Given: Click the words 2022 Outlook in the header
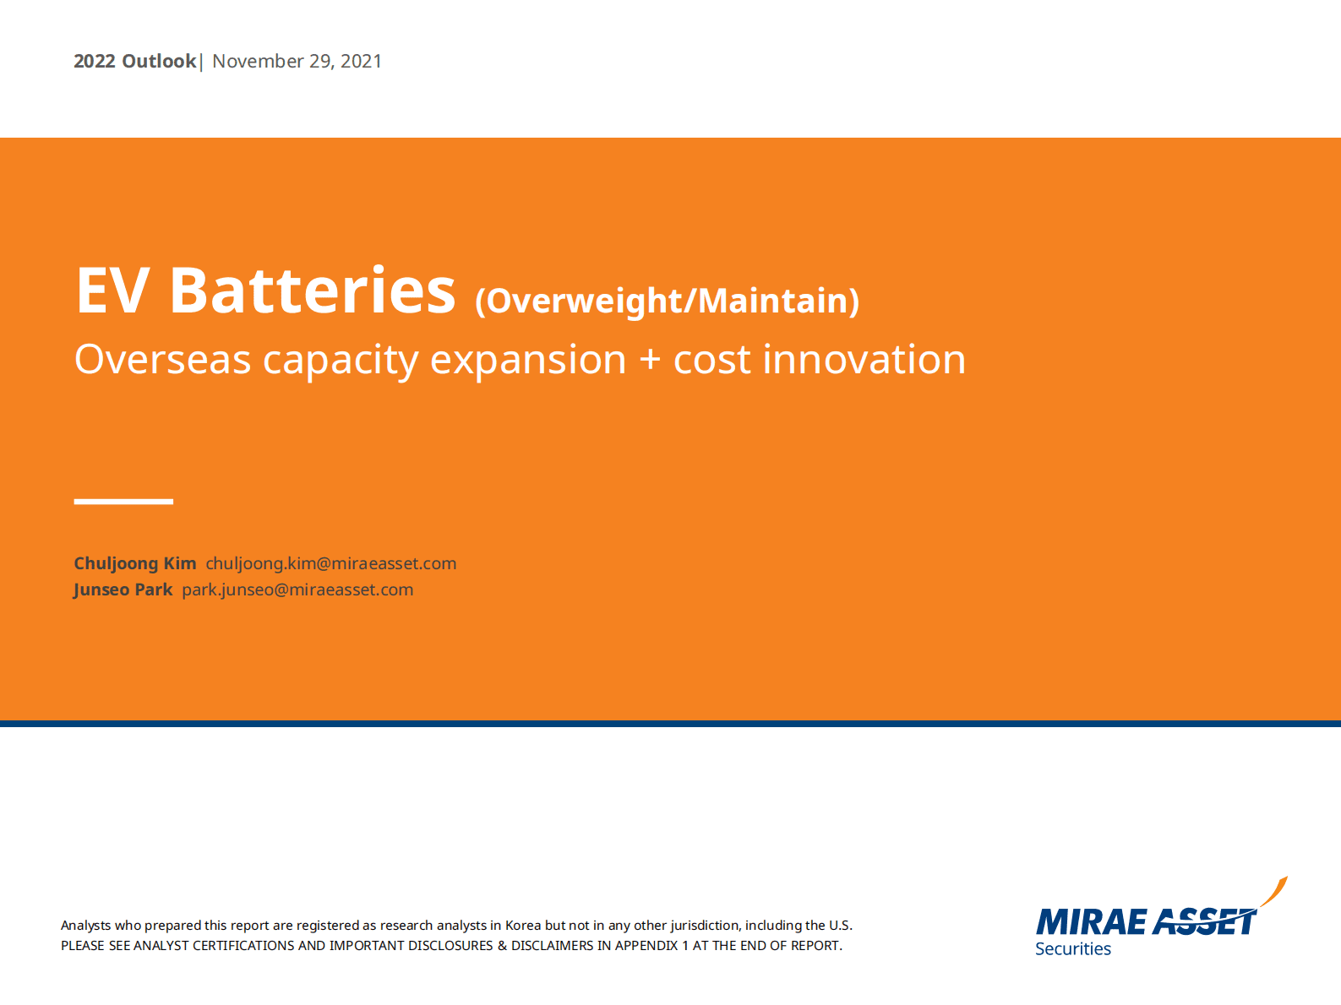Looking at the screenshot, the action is (x=135, y=61).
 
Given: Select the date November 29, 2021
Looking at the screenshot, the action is (x=297, y=61).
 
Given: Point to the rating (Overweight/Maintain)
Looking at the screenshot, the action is (x=668, y=301).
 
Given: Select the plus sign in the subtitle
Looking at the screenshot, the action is (x=650, y=359).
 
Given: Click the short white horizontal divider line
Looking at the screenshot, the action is (x=123, y=502).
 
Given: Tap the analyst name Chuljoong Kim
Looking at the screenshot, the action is (x=135, y=563).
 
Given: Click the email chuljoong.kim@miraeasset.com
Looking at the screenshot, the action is (x=331, y=563).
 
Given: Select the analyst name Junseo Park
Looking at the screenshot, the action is (x=123, y=589).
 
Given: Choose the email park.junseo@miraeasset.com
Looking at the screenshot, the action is (x=297, y=589).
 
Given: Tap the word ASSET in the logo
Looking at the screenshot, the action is (x=1203, y=921).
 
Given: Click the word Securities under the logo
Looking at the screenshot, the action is (x=1073, y=948).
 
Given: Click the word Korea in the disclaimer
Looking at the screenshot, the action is (x=522, y=925).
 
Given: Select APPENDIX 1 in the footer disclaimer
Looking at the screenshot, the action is (x=651, y=946).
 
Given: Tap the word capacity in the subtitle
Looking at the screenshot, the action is (x=341, y=361).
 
